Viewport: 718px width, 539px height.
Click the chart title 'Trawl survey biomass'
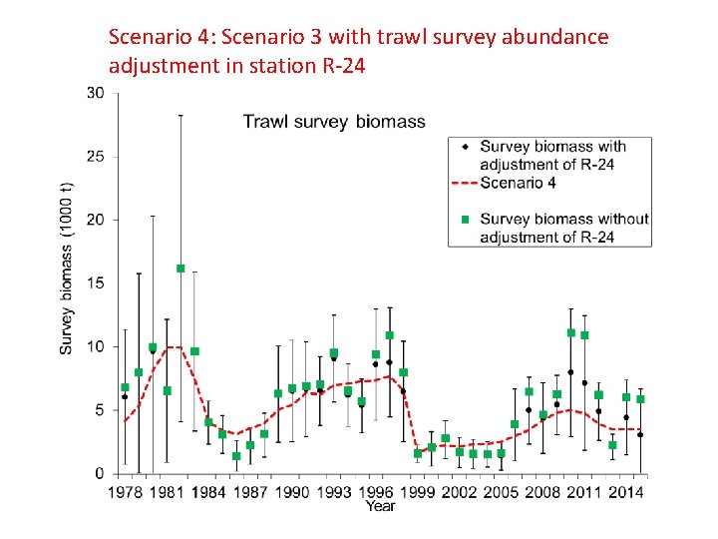334,122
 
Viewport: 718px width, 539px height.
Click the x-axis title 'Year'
380,506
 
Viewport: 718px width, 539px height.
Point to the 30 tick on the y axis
96,93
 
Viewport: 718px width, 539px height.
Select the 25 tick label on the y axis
96,157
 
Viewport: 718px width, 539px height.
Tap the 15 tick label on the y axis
96,283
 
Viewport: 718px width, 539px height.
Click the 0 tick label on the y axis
100,473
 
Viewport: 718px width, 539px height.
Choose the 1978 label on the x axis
125,491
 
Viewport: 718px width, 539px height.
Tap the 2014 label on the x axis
626,491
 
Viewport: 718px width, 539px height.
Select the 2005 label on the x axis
502,491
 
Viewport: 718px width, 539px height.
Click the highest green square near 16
180,269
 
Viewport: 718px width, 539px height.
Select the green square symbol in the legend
465,219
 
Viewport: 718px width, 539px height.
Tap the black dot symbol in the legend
465,147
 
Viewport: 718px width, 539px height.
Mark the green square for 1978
125,387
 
